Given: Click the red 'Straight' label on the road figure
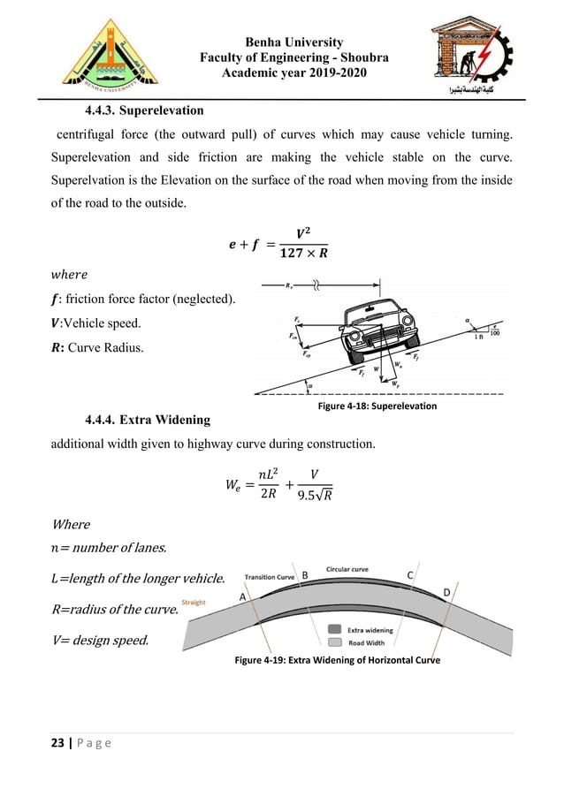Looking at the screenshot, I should click(x=194, y=603).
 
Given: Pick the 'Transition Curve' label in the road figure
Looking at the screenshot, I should click(x=271, y=574).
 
